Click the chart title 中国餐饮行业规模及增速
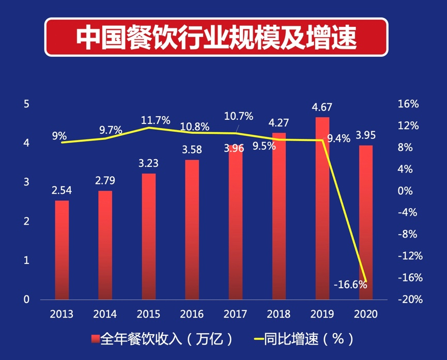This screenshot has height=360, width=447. pos(216,37)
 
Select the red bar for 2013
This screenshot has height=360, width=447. pos(62,249)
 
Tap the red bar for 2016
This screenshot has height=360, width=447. pos(192,229)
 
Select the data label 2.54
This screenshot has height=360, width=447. pos(62,191)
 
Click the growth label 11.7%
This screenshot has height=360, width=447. pos(156,120)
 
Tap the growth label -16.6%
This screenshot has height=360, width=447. pos(350,284)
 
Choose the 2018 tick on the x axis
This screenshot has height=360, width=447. pos(279,314)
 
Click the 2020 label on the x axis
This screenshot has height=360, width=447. pos(366,314)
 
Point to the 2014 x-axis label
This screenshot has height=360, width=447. pos(105,314)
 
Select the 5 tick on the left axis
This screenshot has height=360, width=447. pos(26,104)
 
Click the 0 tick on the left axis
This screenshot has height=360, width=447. pos(26,300)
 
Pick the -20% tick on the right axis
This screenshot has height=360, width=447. pos(407,300)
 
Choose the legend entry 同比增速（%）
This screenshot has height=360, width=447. pos(305,339)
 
